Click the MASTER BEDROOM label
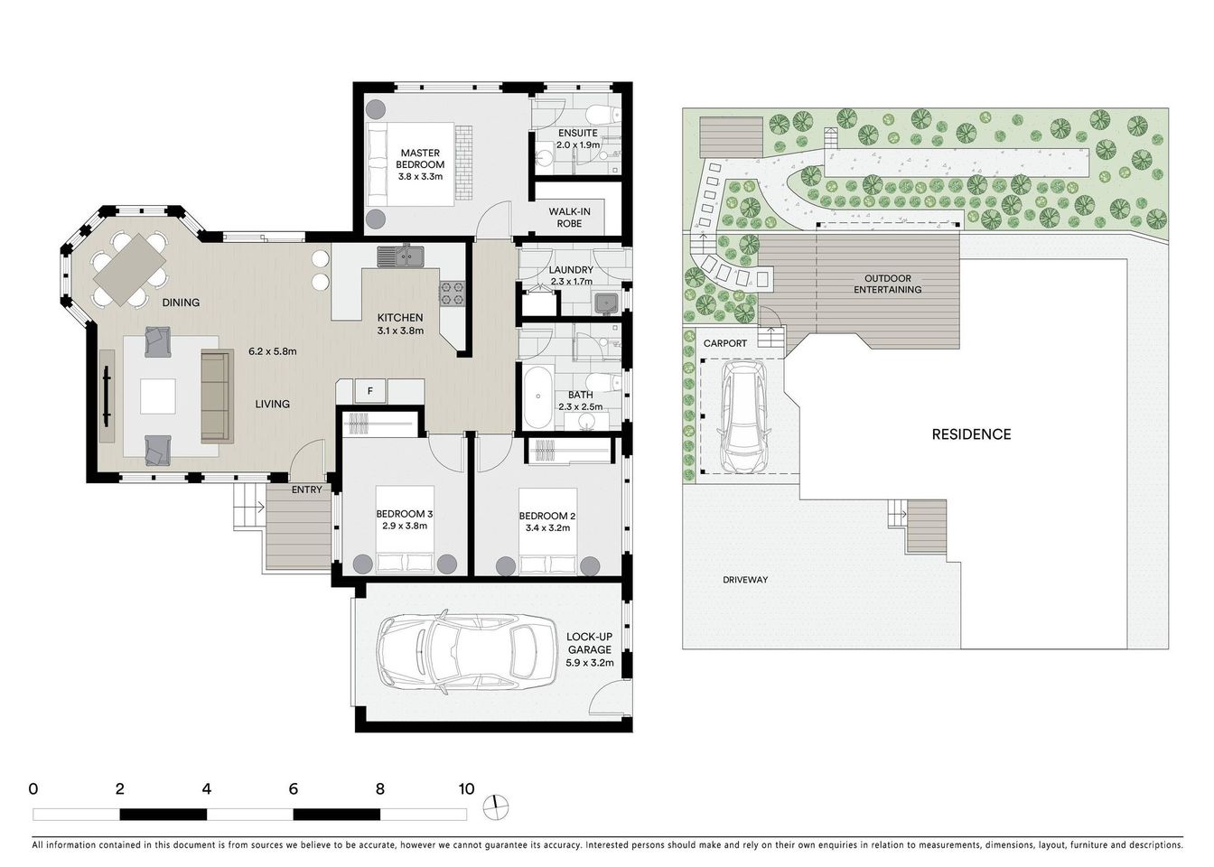coord(420,159)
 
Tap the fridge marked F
coord(369,391)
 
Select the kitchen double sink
coord(400,256)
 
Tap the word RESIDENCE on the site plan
coord(971,434)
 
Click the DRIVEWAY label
coord(745,580)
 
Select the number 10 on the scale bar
coord(466,788)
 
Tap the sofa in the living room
coord(215,396)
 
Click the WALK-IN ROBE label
coord(565,218)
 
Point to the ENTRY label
coord(306,489)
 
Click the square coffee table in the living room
coord(158,396)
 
